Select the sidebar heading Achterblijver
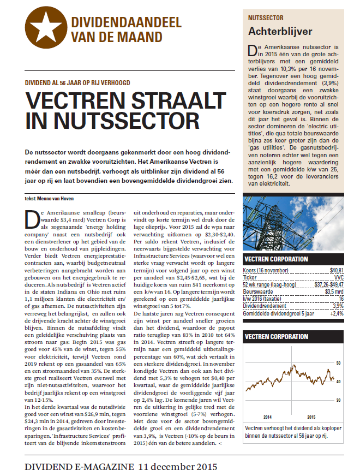click(x=273, y=31)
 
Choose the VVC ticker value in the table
click(x=338, y=277)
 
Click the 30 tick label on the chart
click(x=338, y=400)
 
